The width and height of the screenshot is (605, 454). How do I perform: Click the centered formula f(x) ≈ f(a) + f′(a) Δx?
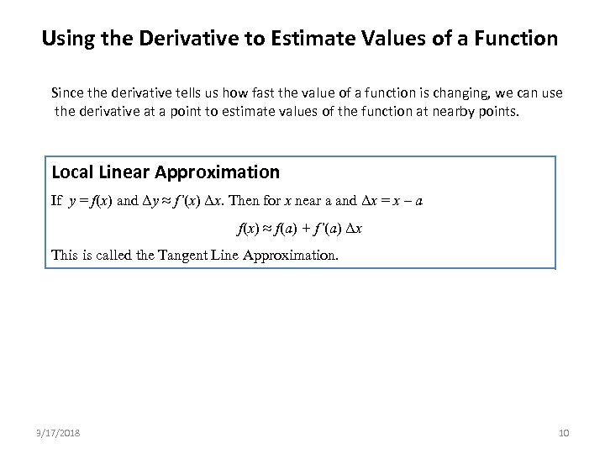[x=302, y=228]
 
